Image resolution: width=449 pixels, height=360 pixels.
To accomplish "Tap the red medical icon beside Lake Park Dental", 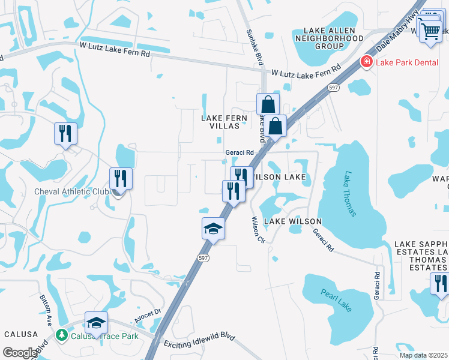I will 365,61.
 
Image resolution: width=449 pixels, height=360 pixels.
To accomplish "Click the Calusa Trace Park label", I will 103,336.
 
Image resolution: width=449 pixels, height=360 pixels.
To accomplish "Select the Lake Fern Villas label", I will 224,122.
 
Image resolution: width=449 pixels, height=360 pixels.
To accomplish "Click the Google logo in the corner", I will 19,353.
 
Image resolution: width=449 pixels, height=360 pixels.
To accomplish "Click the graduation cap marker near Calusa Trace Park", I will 96,323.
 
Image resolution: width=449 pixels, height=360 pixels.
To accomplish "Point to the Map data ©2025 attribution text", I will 423,355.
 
